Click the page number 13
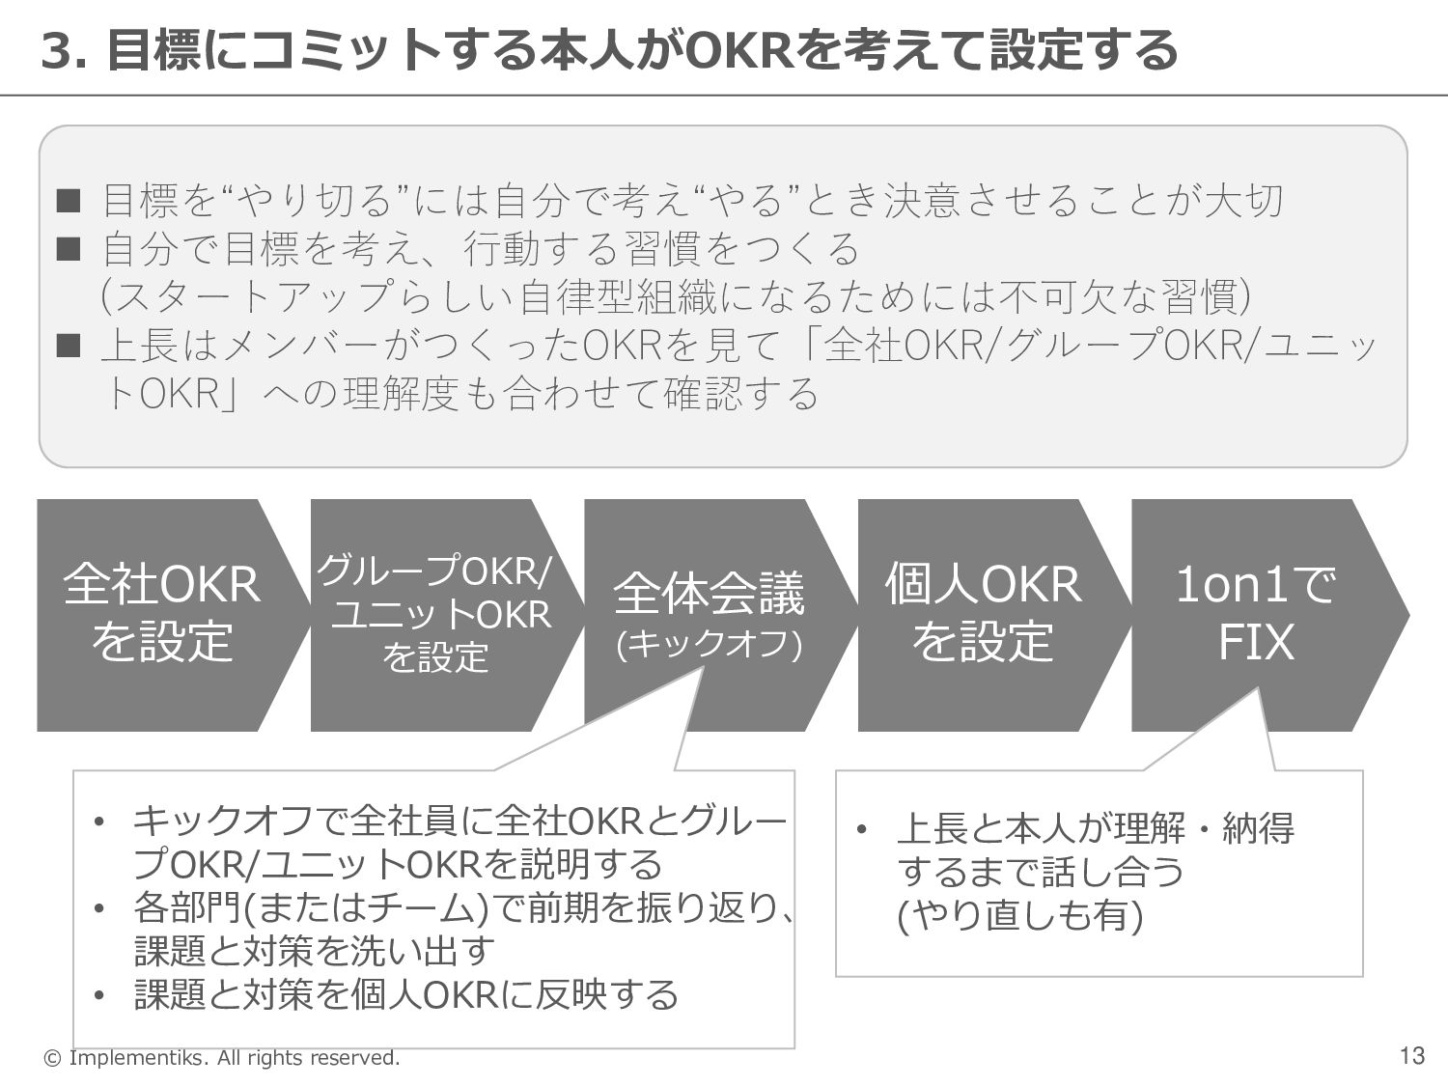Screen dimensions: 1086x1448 pyautogui.click(x=1411, y=1056)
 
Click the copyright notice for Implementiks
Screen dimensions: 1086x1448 pyautogui.click(x=222, y=1058)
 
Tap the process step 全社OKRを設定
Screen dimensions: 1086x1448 pyautogui.click(x=161, y=614)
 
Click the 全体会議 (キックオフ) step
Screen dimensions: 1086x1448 pyautogui.click(x=709, y=614)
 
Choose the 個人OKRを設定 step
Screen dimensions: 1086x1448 pyautogui.click(x=983, y=614)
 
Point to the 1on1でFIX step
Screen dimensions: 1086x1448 pyautogui.click(x=1256, y=614)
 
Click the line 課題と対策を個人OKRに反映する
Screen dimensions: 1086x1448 pyautogui.click(x=406, y=994)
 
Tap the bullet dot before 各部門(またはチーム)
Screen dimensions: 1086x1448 pyautogui.click(x=99, y=909)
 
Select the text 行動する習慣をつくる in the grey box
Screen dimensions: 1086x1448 pyautogui.click(x=661, y=249)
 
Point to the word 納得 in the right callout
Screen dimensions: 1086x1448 pyautogui.click(x=1259, y=828)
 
